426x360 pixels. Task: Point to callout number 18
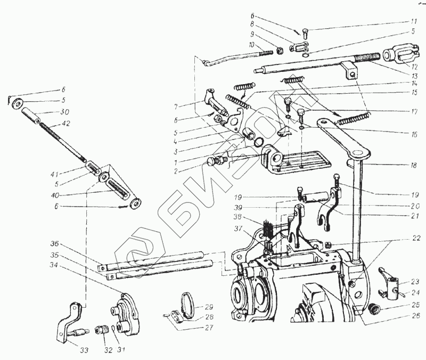pos(413,166)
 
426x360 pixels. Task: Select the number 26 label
pos(414,316)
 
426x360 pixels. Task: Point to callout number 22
pos(414,238)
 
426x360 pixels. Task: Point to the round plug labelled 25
pos(375,308)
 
